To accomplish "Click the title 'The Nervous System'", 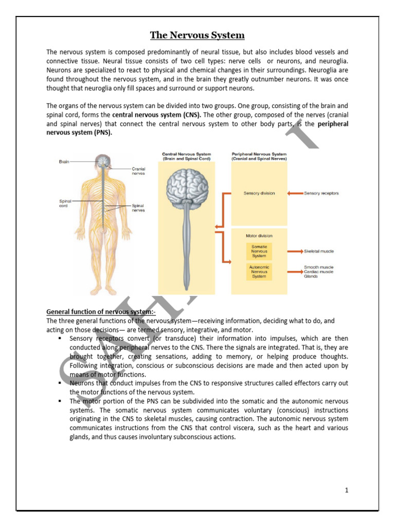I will point(197,36).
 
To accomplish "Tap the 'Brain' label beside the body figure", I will point(64,161).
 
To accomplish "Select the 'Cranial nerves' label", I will point(138,171).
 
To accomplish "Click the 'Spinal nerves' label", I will point(138,207).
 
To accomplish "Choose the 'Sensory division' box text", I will point(259,194).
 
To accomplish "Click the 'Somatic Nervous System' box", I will point(259,251).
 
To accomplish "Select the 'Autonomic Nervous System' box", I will point(259,271).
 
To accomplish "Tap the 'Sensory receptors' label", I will point(321,194).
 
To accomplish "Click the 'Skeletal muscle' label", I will point(319,251).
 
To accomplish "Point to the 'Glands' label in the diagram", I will point(311,276).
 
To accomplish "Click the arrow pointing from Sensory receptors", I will point(295,194).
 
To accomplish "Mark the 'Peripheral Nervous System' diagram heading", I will point(259,156).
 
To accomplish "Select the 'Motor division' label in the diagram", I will point(259,236).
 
